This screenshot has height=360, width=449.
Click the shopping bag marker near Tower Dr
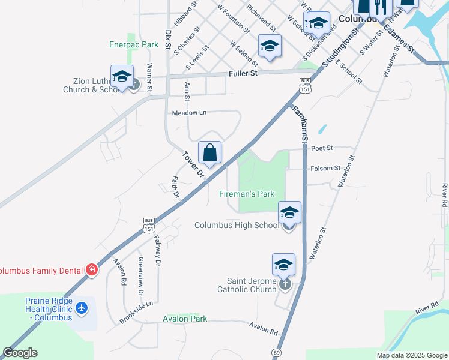tap(209, 154)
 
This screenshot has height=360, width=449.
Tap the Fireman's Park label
tap(247, 194)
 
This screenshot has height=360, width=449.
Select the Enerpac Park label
tap(134, 44)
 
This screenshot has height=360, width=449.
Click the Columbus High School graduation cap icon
tap(289, 213)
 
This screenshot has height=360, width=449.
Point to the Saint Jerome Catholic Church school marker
tap(284, 264)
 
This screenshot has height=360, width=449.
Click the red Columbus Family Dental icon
tap(91, 271)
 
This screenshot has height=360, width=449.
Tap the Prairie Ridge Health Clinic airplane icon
tap(82, 308)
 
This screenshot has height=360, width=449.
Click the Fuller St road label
tap(243, 73)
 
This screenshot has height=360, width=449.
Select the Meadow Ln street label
tap(189, 113)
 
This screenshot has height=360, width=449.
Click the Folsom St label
tap(326, 169)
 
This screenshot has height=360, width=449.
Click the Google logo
tap(20, 353)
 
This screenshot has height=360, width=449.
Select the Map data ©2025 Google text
tap(411, 355)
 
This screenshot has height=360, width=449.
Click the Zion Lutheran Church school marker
tap(122, 77)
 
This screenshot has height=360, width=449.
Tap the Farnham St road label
tap(300, 123)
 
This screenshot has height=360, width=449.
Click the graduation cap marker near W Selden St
tap(270, 46)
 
